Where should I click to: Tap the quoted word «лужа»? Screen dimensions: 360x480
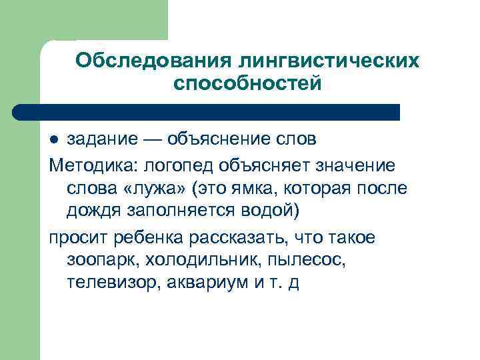click(x=155, y=189)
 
